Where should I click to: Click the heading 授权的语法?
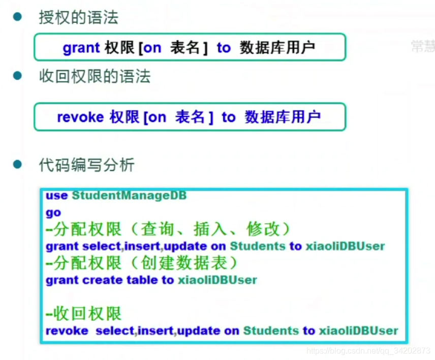pyautogui.click(x=78, y=18)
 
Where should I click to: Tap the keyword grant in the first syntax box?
pyautogui.click(x=81, y=48)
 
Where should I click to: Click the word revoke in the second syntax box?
pyautogui.click(x=80, y=117)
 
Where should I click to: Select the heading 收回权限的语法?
pyautogui.click(x=95, y=77)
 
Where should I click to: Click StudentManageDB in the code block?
pyautogui.click(x=129, y=195)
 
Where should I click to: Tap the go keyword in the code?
pyautogui.click(x=53, y=213)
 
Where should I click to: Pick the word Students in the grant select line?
pyautogui.click(x=258, y=246)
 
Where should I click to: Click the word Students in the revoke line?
pyautogui.click(x=271, y=331)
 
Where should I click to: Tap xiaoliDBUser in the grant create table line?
pyautogui.click(x=216, y=280)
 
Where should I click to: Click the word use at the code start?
pyautogui.click(x=56, y=195)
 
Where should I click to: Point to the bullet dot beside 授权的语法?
pyautogui.click(x=18, y=17)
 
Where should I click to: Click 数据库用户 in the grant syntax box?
pyautogui.click(x=277, y=48)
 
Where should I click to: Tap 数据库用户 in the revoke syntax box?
pyautogui.click(x=283, y=117)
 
